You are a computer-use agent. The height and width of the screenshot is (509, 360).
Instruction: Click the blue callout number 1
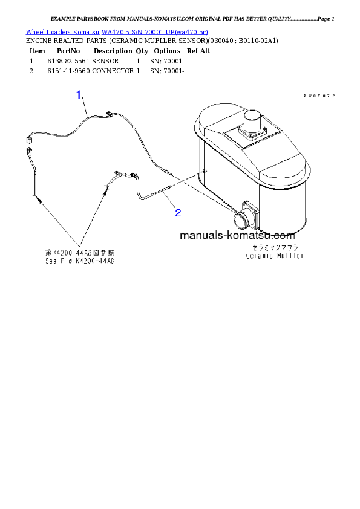coord(79,94)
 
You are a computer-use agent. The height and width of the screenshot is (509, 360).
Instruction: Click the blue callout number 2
coord(178,212)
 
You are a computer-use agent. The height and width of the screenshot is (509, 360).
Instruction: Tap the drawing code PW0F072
coord(319,96)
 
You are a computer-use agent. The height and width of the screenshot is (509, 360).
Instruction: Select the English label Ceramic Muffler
coord(275,256)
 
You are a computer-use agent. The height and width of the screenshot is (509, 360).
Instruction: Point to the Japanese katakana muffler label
coord(275,248)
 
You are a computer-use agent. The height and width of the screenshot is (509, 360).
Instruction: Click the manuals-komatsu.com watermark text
coord(237,236)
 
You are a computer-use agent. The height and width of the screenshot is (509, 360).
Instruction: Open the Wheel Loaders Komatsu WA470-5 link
coord(117,31)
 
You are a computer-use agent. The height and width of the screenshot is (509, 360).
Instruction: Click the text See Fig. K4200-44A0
coord(80,262)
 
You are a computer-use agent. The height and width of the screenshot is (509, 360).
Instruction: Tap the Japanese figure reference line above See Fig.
coord(80,253)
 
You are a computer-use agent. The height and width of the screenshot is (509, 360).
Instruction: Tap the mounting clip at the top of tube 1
coord(110,113)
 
